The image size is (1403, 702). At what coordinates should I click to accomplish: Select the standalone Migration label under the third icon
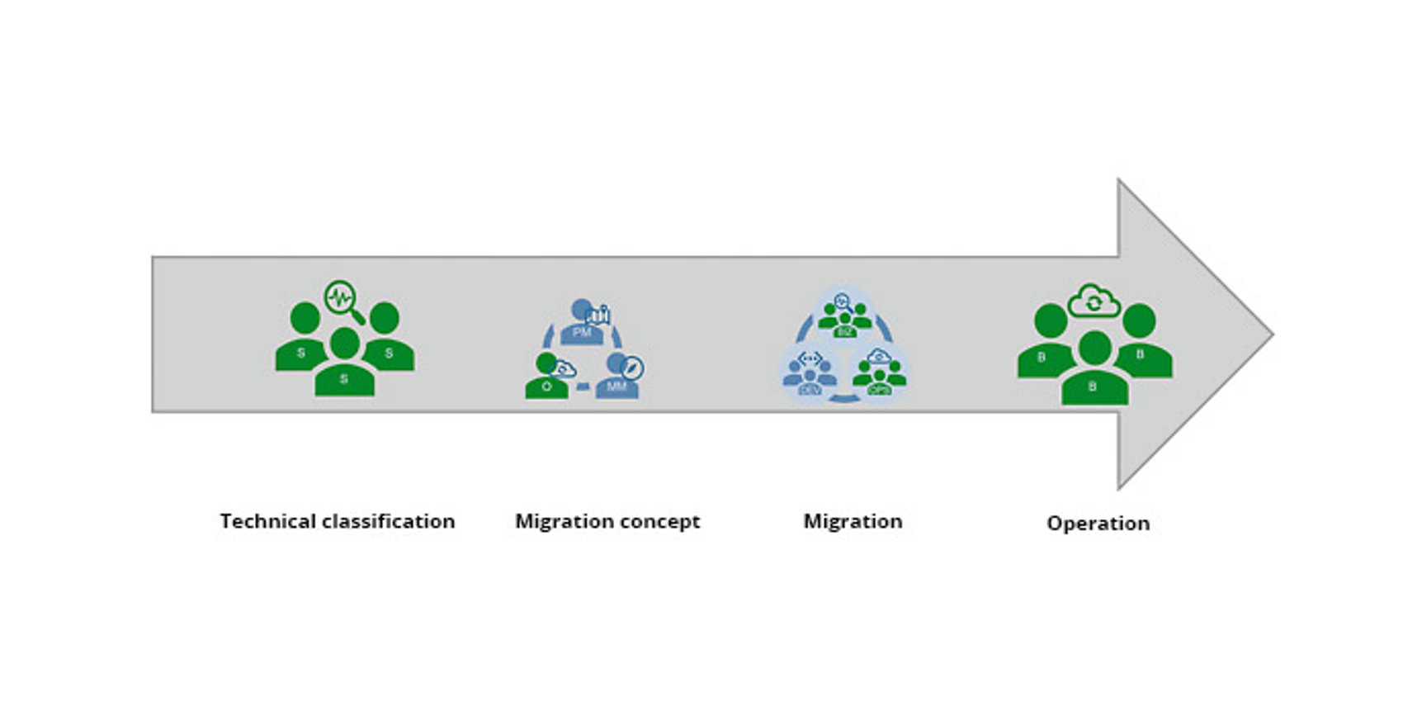tap(853, 521)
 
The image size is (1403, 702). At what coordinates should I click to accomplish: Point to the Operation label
tap(1098, 523)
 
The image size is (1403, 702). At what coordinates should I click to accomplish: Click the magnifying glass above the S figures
tap(342, 300)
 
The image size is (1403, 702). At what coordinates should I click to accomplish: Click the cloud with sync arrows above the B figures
tap(1094, 302)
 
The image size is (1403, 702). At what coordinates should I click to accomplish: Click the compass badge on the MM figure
tap(633, 368)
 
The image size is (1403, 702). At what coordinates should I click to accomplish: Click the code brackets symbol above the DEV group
tap(810, 358)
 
